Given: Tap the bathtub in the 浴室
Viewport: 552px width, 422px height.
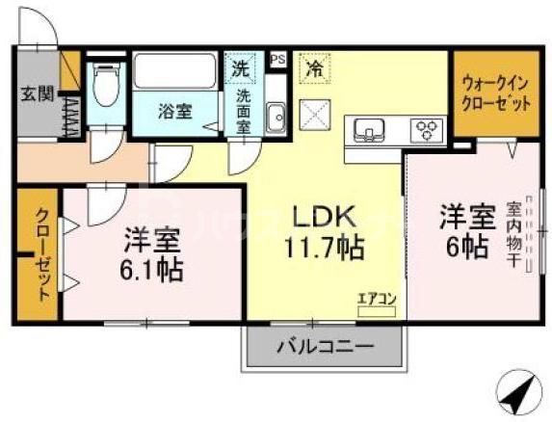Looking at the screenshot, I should click(x=176, y=72).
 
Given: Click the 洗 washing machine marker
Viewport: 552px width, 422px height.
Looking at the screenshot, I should click(x=239, y=69).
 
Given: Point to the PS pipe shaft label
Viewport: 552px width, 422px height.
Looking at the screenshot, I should click(x=278, y=58).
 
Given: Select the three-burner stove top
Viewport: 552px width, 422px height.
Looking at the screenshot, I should click(x=425, y=129).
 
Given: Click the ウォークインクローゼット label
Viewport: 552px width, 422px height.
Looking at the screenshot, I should click(x=496, y=92).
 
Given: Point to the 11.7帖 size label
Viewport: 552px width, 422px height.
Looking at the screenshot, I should click(x=324, y=249).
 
